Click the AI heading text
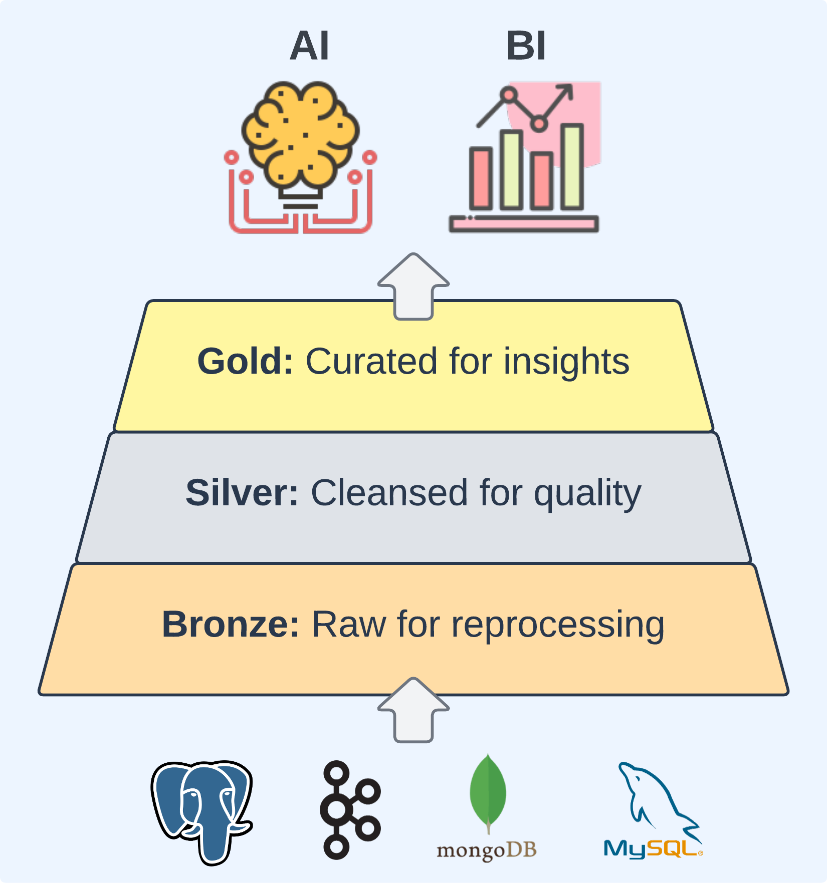pyautogui.click(x=309, y=46)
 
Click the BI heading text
pyautogui.click(x=525, y=46)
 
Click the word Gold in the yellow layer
pyautogui.click(x=245, y=361)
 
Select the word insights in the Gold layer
pyautogui.click(x=566, y=361)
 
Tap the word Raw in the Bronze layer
pyautogui.click(x=349, y=625)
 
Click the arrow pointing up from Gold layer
pyautogui.click(x=413, y=285)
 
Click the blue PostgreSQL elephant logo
pyautogui.click(x=202, y=811)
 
